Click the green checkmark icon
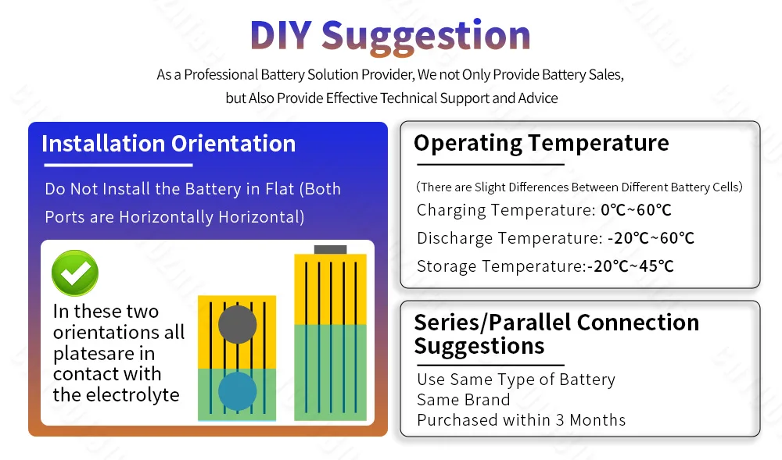pyautogui.click(x=75, y=273)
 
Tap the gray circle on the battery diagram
pyautogui.click(x=238, y=325)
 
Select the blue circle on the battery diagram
pyautogui.click(x=238, y=391)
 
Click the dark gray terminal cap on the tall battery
pyautogui.click(x=330, y=249)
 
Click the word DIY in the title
pyautogui.click(x=281, y=35)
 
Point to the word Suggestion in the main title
pyautogui.click(x=426, y=37)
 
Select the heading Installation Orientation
pyautogui.click(x=169, y=144)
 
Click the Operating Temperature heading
pyautogui.click(x=541, y=144)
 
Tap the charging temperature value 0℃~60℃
pyautogui.click(x=636, y=210)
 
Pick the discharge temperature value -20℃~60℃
pyautogui.click(x=651, y=238)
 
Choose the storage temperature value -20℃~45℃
pyautogui.click(x=631, y=266)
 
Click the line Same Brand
pyautogui.click(x=463, y=400)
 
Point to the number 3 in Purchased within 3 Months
pyautogui.click(x=560, y=420)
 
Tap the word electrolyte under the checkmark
pyautogui.click(x=133, y=394)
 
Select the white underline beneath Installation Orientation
pyautogui.click(x=118, y=165)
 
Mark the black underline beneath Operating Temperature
pyautogui.click(x=491, y=164)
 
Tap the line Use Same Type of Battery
pyautogui.click(x=516, y=380)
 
